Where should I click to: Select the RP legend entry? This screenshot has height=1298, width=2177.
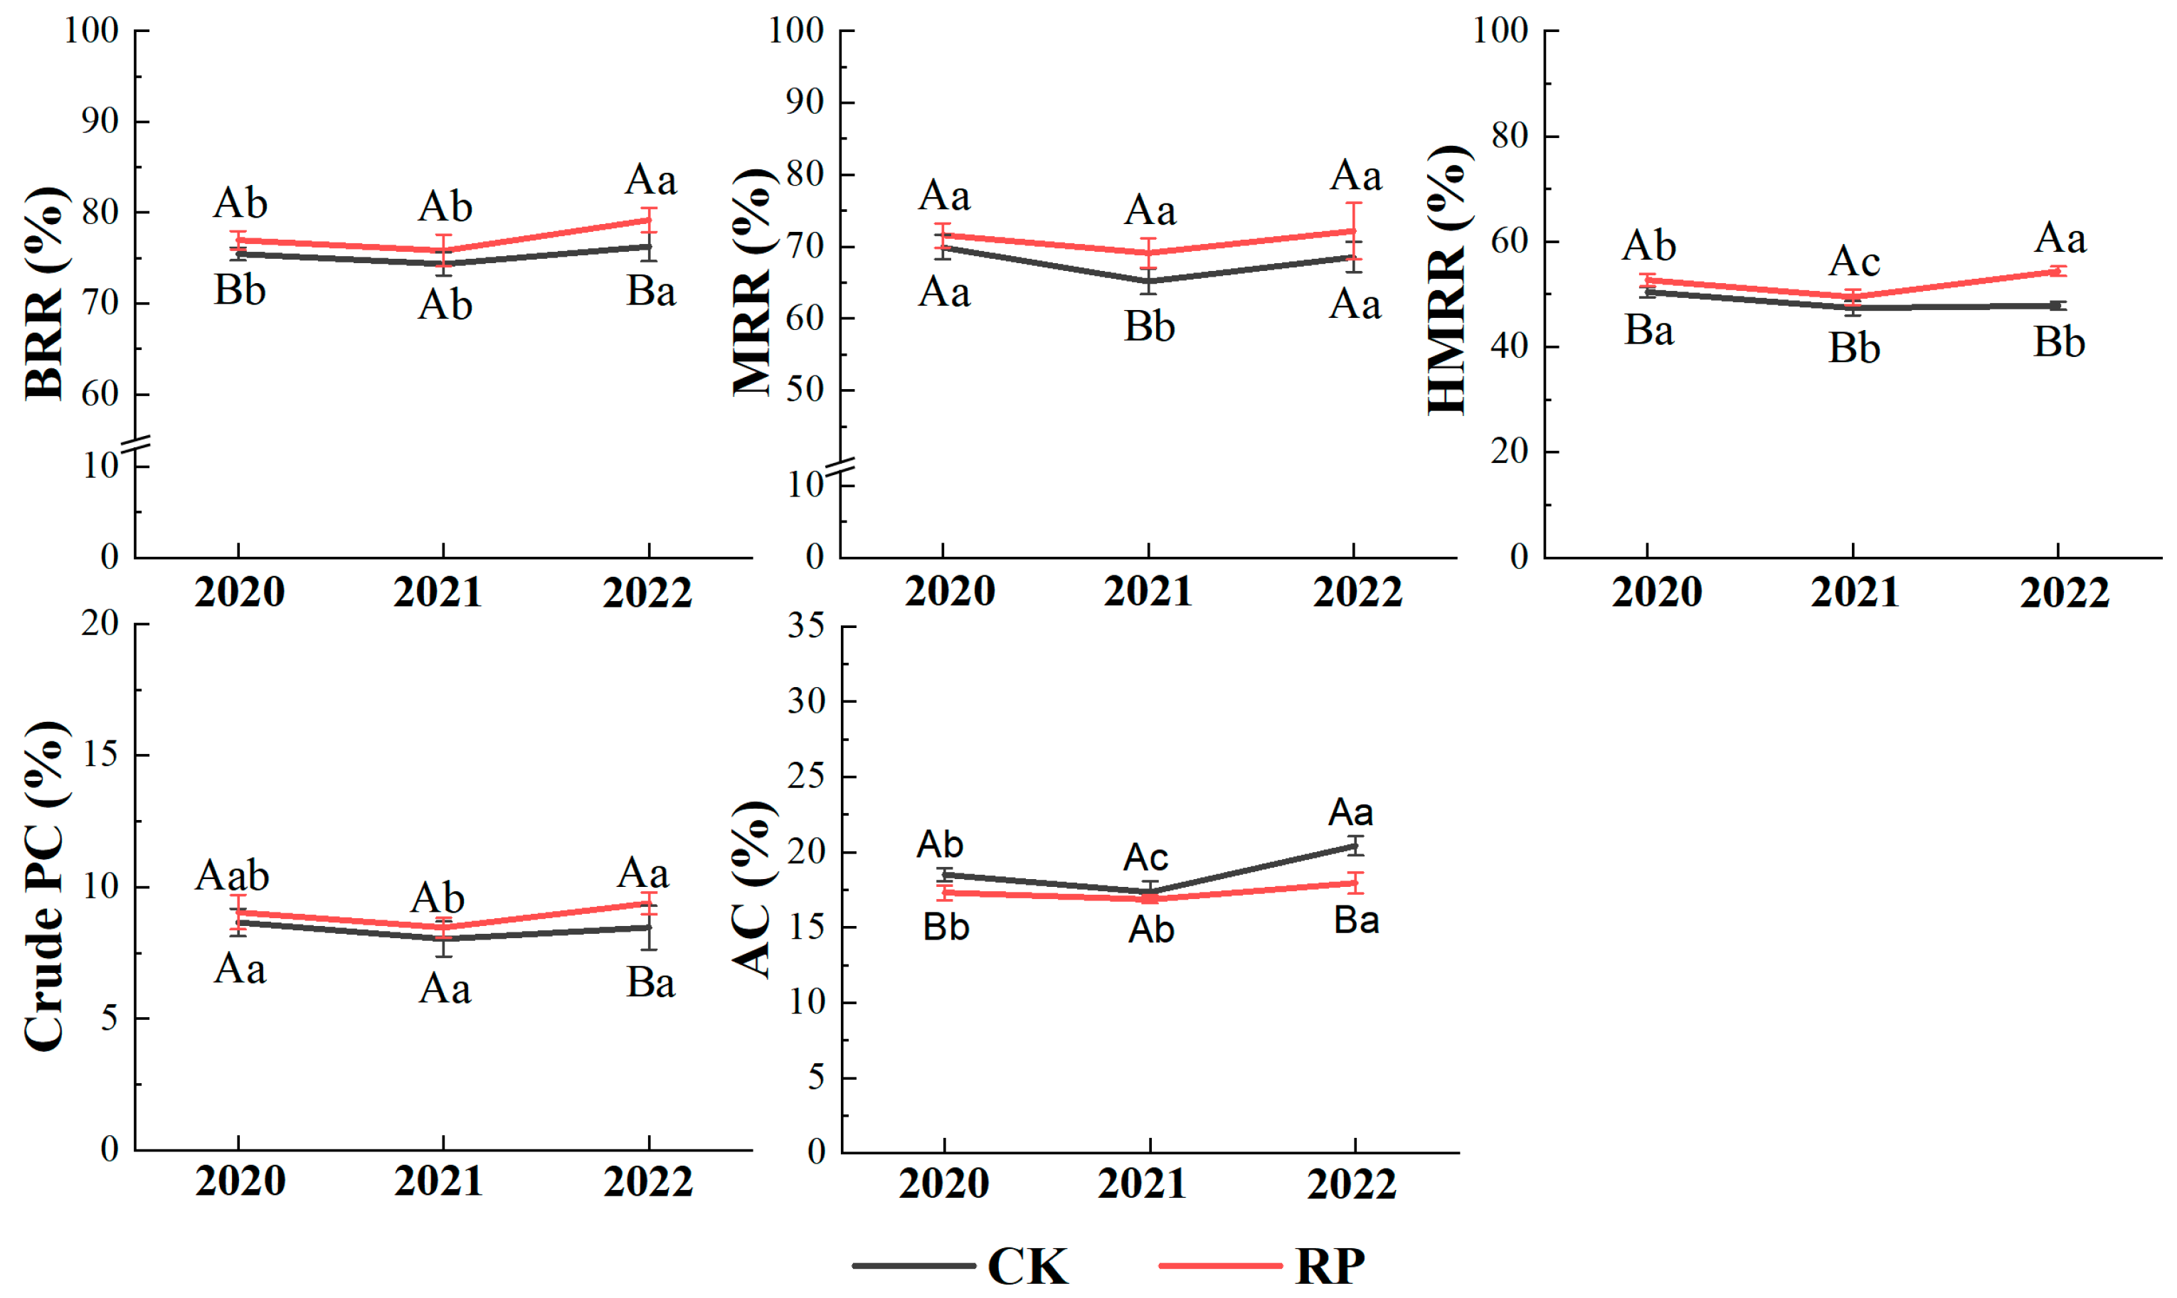[x=1264, y=1265]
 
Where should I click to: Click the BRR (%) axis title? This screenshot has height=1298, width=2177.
[x=43, y=293]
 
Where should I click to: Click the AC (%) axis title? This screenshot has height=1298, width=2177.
[x=752, y=888]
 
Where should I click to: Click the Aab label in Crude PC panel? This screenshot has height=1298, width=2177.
[x=232, y=876]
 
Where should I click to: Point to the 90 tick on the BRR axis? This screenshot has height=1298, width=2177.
[x=100, y=122]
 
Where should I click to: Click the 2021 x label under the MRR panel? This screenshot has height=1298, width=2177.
[x=1148, y=592]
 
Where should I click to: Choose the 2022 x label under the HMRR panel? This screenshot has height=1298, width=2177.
[x=2064, y=592]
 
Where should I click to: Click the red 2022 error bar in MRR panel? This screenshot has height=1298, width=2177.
[x=1354, y=231]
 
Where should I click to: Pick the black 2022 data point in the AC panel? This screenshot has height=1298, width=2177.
[x=1355, y=846]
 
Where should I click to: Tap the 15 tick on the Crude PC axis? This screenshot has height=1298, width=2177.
[x=100, y=754]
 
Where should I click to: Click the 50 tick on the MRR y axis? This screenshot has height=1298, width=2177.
[x=805, y=390]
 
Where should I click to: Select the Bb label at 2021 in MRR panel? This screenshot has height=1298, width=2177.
[x=1148, y=327]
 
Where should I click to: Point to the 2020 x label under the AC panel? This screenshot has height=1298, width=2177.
[x=944, y=1184]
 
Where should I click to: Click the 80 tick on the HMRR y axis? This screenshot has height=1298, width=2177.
[x=1510, y=137]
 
